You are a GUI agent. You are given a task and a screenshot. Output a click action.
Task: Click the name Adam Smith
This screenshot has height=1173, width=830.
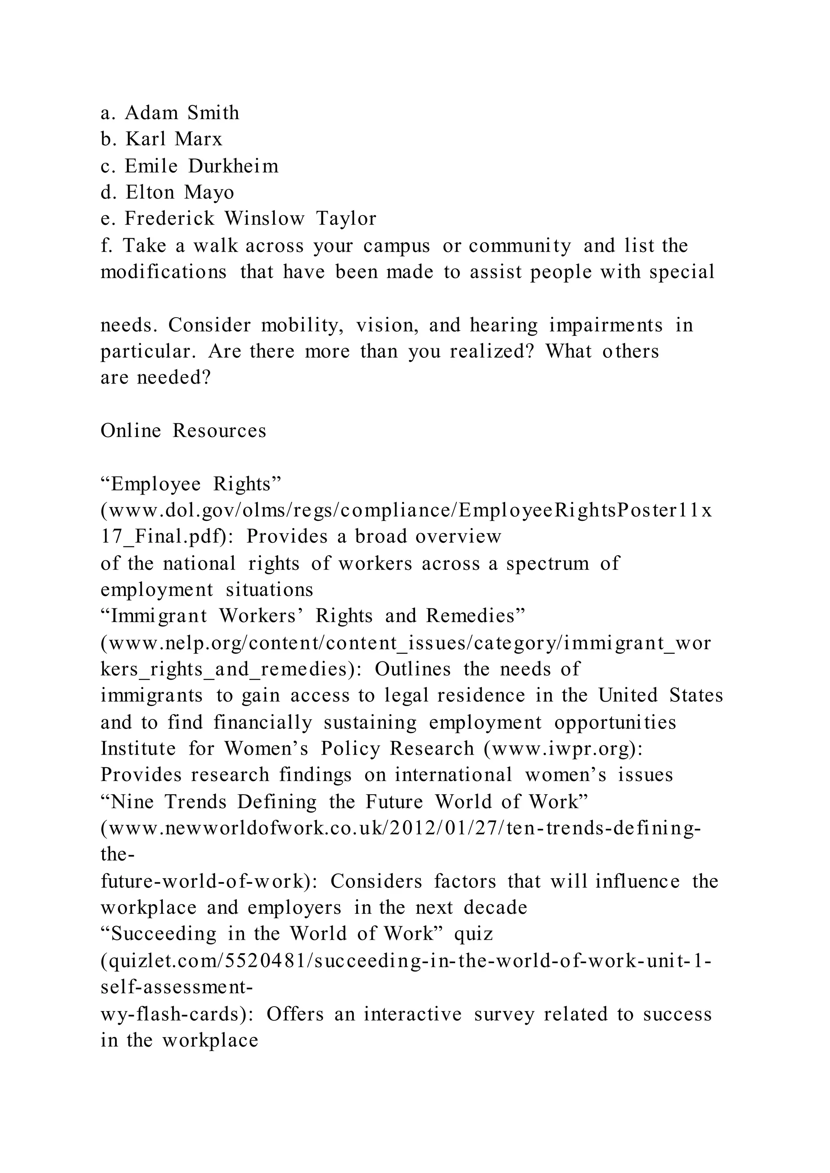click(x=182, y=113)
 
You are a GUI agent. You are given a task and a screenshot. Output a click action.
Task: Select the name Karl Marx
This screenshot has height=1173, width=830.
click(x=174, y=139)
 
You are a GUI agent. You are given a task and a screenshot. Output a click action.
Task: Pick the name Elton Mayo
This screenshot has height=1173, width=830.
click(x=180, y=193)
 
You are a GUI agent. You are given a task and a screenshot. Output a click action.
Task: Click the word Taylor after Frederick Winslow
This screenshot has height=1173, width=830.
click(x=346, y=219)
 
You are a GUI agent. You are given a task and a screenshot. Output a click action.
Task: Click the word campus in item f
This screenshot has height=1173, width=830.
click(x=397, y=246)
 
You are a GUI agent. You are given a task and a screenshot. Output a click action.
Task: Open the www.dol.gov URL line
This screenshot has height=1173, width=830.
click(x=406, y=510)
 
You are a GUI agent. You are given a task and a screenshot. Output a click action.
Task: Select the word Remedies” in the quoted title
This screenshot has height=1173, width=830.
click(x=475, y=616)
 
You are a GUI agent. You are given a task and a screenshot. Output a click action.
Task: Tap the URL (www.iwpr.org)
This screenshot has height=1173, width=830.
click(x=563, y=749)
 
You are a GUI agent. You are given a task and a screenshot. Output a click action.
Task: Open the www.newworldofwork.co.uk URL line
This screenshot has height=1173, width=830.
click(x=401, y=828)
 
